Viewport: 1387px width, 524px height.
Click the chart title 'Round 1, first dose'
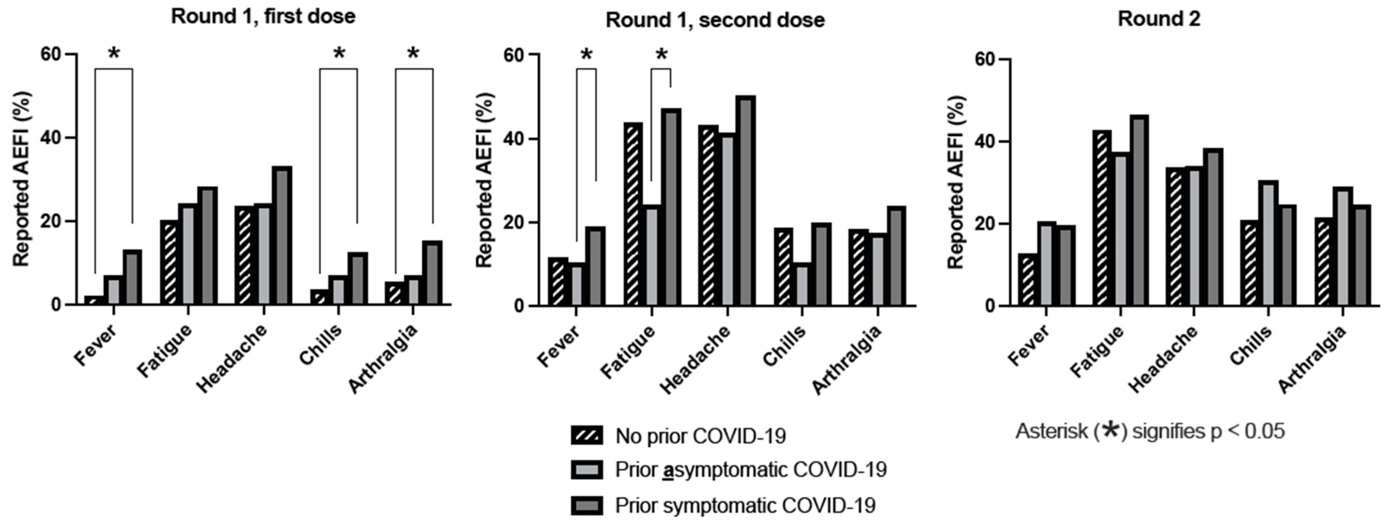tap(263, 16)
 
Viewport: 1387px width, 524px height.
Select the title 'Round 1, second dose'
tap(715, 20)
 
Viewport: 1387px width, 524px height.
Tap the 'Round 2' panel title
tap(1159, 19)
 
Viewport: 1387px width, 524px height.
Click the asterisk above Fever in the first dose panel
tap(114, 54)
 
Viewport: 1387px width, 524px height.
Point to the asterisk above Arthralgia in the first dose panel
tap(413, 54)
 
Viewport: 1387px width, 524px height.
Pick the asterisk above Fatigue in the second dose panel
tap(661, 55)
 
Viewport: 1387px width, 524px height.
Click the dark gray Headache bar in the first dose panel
tap(282, 235)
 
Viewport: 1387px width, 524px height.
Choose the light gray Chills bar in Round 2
tap(1268, 243)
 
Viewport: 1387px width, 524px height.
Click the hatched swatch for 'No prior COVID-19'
tap(586, 435)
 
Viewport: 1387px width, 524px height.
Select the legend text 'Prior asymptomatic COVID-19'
tap(751, 470)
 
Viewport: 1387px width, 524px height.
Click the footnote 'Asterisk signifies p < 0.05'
tap(1150, 431)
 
